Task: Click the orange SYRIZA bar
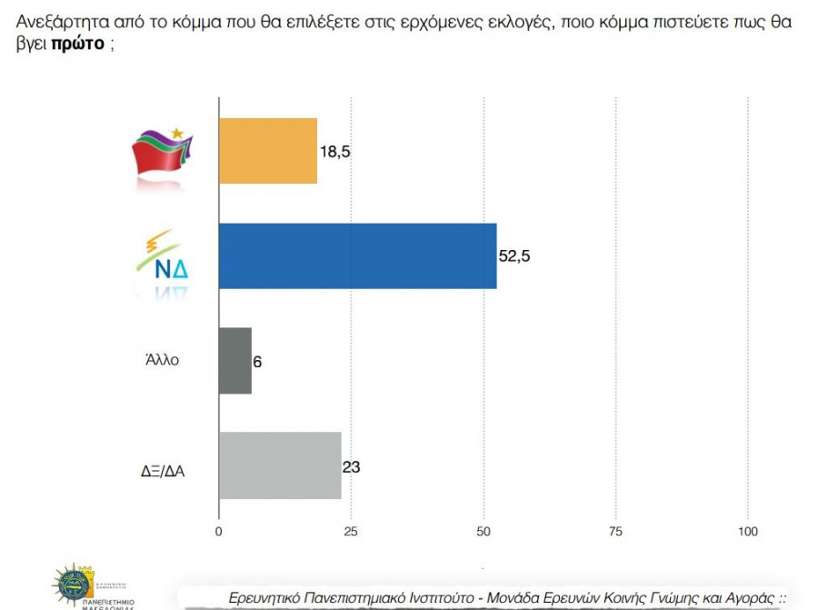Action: [268, 151]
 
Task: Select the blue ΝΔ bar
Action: [357, 256]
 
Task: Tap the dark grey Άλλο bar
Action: [235, 360]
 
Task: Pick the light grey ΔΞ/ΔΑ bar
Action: [280, 465]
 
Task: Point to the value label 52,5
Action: [514, 256]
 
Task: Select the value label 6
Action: [258, 361]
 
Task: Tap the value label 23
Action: [351, 466]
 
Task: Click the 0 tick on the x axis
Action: [219, 530]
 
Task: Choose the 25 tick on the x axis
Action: [351, 530]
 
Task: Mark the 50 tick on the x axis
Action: [483, 530]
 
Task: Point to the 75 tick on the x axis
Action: [615, 530]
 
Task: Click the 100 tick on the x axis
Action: [747, 530]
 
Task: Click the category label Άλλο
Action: [162, 359]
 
